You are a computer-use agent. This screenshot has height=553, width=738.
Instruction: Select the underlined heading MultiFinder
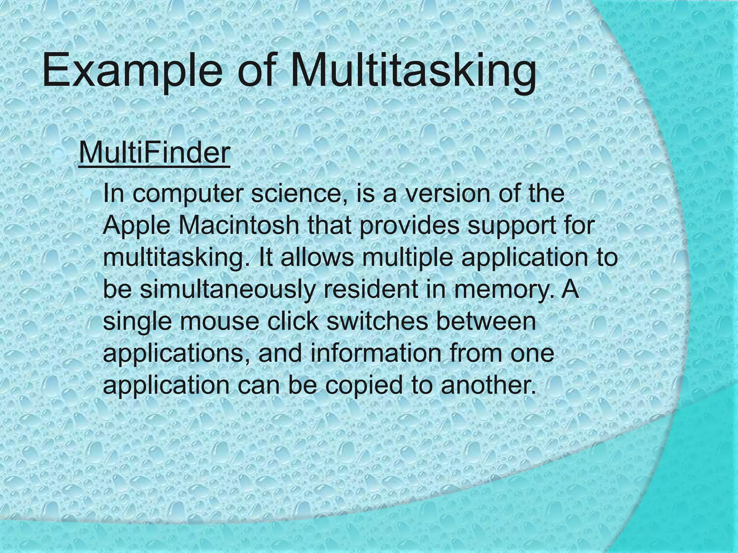[x=154, y=153]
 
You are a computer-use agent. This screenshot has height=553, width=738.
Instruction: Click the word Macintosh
[x=238, y=225]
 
